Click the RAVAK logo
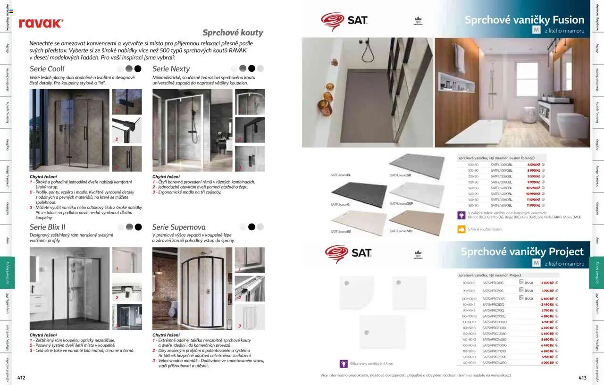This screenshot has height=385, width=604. (x=41, y=23)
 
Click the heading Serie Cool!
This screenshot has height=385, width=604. (x=47, y=69)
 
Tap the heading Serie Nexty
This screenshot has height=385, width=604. (x=171, y=69)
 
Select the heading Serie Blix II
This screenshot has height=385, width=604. (x=48, y=227)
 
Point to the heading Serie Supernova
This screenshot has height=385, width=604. (x=179, y=227)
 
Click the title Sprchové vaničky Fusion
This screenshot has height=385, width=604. (x=524, y=20)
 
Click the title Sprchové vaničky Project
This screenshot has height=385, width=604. (x=522, y=251)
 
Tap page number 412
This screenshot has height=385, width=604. (x=21, y=377)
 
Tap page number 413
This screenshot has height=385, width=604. (x=582, y=377)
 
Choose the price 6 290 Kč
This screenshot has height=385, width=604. (x=547, y=363)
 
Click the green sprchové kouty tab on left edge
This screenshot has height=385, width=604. (x=8, y=272)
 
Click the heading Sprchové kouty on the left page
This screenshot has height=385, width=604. (x=233, y=33)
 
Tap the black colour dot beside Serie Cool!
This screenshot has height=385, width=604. (x=137, y=69)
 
